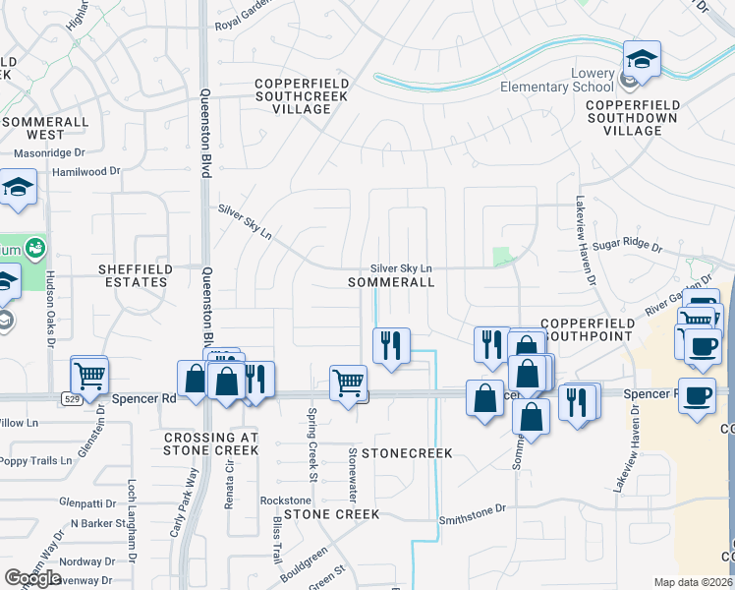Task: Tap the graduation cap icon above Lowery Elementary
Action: [x=642, y=60]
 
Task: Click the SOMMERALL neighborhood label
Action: [x=391, y=282]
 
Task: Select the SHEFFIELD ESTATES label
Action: [x=136, y=275]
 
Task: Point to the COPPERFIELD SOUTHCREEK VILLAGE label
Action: [x=292, y=96]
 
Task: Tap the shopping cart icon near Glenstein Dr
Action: [x=89, y=375]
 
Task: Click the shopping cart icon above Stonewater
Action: [x=349, y=382]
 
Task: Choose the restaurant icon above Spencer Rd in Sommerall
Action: [x=392, y=345]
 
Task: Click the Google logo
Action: [x=32, y=578]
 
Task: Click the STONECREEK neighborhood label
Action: [x=406, y=453]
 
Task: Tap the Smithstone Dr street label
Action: [x=472, y=509]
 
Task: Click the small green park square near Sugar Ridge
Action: [x=503, y=258]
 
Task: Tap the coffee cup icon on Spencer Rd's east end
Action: [x=697, y=396]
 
